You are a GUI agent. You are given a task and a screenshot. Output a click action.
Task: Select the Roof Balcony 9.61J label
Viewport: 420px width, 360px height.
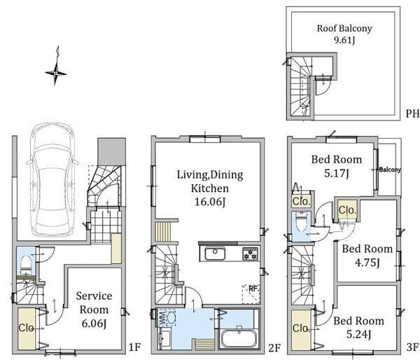point(344,34)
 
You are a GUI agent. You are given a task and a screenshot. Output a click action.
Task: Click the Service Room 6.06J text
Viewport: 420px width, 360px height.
point(94,310)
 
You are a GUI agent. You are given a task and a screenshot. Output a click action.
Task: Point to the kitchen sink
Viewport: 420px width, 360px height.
point(215,254)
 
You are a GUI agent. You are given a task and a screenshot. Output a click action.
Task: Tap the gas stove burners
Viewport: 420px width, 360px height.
point(251,254)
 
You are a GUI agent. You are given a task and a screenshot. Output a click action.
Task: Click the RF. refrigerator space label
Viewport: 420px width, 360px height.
point(253,289)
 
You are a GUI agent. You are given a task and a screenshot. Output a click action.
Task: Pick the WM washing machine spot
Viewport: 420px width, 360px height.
point(167,318)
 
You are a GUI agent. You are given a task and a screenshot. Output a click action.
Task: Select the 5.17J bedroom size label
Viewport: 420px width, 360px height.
point(337,174)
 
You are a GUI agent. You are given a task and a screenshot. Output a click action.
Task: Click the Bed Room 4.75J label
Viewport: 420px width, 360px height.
point(367,256)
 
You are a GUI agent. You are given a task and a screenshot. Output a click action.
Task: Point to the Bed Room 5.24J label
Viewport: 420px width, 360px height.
point(358,327)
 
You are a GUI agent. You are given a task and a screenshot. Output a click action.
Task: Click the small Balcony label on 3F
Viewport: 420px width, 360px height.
point(390,169)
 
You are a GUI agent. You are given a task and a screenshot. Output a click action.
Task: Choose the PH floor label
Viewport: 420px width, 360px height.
point(412,113)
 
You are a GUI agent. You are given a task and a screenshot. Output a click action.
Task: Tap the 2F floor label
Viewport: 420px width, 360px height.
point(274,348)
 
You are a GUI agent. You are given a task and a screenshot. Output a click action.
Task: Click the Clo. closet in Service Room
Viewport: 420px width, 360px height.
point(27,328)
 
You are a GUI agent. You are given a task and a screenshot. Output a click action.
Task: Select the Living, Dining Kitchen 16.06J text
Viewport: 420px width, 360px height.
point(210,188)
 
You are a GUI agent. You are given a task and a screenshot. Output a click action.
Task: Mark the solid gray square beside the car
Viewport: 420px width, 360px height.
point(112,151)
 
